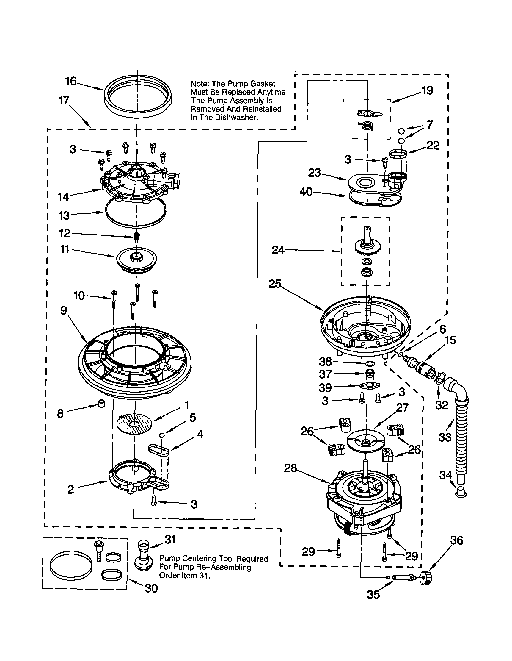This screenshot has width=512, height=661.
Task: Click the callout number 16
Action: [x=71, y=81]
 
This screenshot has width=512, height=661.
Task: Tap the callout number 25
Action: [x=275, y=284]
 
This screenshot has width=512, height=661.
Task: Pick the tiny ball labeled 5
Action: [x=162, y=435]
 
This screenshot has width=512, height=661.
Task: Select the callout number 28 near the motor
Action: [x=290, y=468]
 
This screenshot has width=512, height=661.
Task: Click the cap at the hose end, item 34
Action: [x=461, y=492]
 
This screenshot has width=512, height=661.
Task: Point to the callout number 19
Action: [x=427, y=90]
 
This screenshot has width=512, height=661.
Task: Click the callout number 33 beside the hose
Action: [x=445, y=437]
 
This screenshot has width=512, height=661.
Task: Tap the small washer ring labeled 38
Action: [x=369, y=363]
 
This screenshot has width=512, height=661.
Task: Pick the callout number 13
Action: [x=64, y=216]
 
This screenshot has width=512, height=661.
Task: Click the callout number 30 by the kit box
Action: [x=151, y=588]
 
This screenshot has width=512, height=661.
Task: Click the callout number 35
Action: [x=373, y=595]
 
